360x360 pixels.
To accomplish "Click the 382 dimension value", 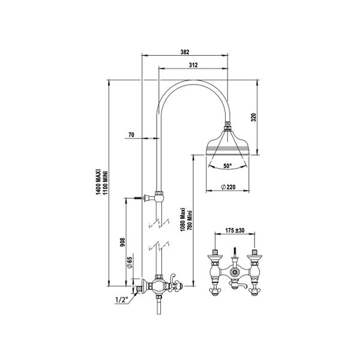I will tap(185, 52).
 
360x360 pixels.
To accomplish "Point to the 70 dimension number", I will tap(131, 136).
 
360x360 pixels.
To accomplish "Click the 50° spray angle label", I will tap(228, 165).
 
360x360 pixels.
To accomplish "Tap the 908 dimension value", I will tap(123, 242).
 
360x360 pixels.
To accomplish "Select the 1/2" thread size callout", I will tap(120, 299).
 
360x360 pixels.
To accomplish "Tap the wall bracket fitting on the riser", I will tap(158, 196).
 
